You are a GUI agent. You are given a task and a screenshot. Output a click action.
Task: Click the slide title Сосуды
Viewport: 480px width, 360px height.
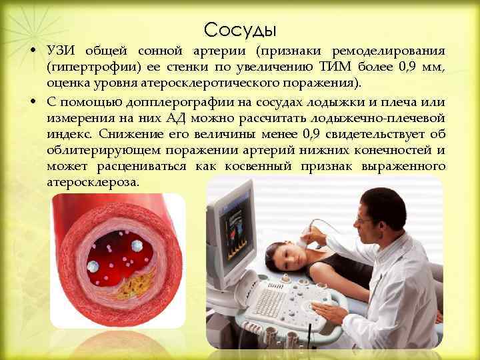pos(240,29)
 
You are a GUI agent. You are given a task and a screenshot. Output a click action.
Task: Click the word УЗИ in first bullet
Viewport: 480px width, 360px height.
pos(61,52)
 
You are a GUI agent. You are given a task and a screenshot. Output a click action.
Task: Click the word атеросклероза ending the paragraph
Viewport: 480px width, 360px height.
pos(93,181)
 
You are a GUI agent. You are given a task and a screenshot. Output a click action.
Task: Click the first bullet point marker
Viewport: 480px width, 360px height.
pos(33,52)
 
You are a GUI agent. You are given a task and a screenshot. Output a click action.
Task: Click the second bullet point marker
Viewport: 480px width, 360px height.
pos(33,101)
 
